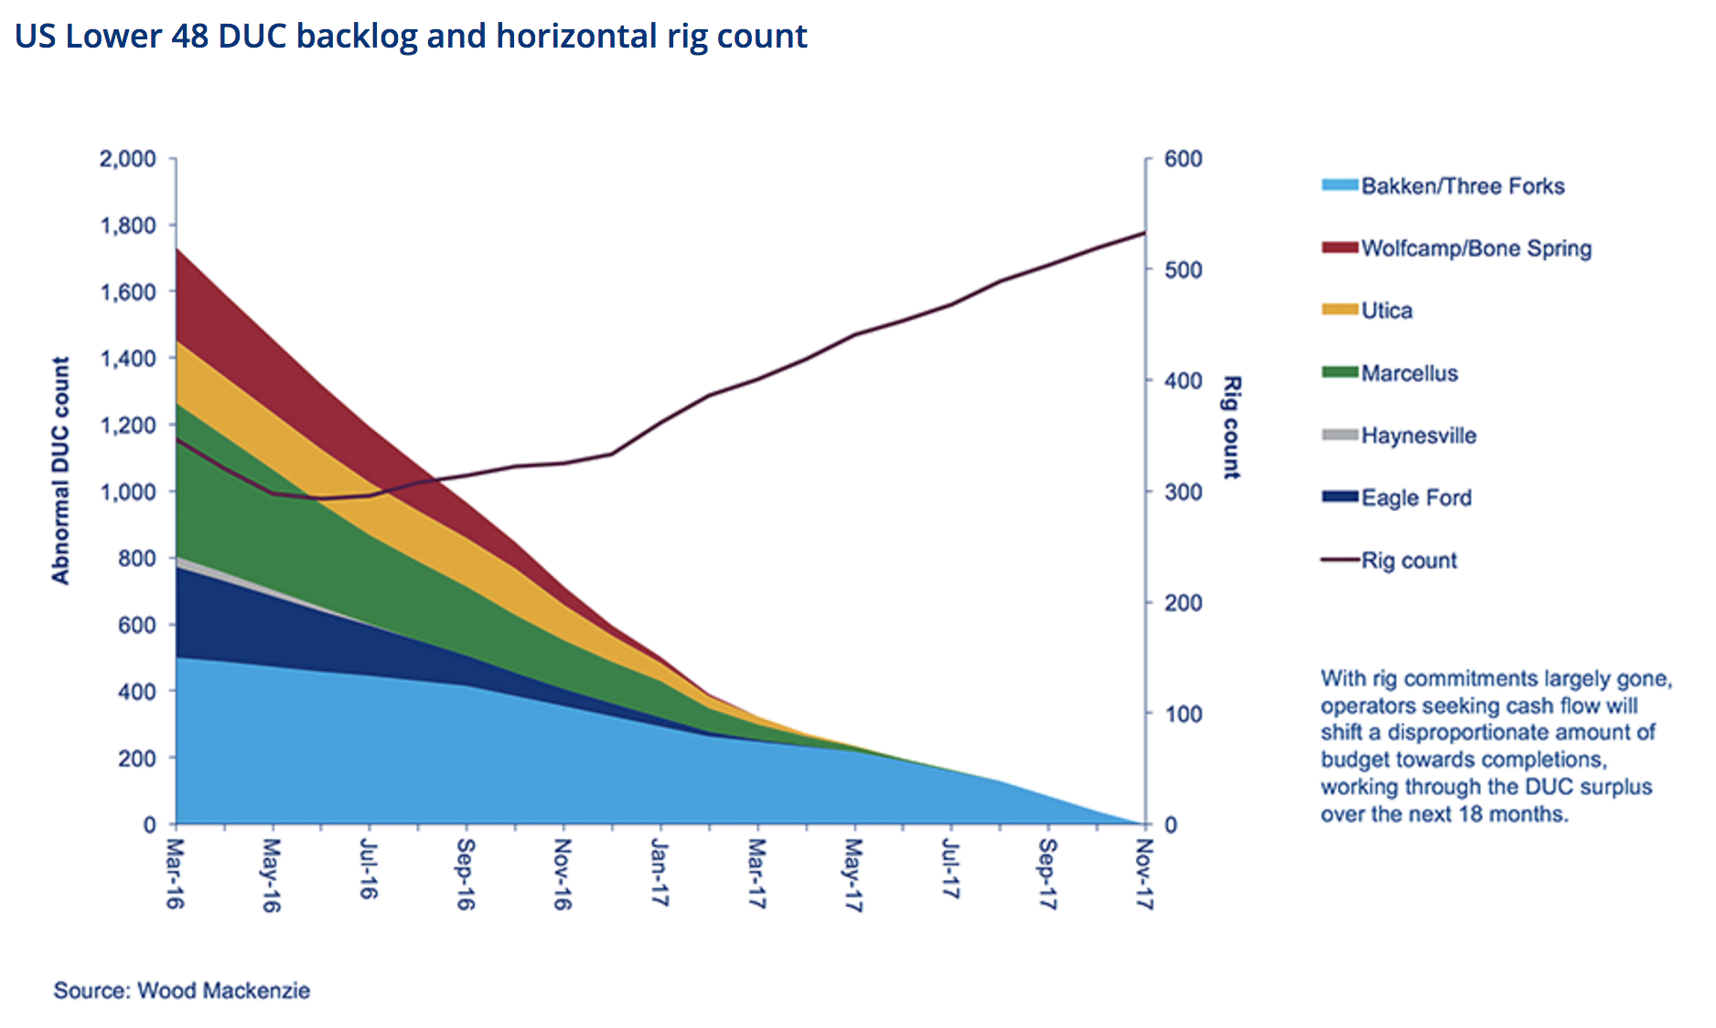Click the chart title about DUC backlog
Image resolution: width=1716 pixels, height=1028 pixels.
pos(411,37)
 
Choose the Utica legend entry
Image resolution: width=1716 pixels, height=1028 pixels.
pos(1386,311)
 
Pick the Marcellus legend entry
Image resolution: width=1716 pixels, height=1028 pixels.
pos(1409,373)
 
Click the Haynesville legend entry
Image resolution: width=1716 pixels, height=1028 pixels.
pos(1418,435)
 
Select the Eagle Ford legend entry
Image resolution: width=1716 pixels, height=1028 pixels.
pos(1416,498)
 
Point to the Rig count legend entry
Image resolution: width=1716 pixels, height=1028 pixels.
pos(1408,561)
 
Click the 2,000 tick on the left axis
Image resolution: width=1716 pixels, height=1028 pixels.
pos(127,159)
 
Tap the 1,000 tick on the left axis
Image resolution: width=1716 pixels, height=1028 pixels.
pos(127,492)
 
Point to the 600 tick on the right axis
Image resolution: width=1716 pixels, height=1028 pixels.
pos(1184,159)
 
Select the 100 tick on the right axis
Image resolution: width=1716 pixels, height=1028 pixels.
pos(1184,713)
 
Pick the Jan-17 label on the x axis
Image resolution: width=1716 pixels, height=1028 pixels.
pos(660,873)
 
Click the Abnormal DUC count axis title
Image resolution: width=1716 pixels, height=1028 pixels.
pos(60,470)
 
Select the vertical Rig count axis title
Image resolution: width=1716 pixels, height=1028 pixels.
pos(1232,426)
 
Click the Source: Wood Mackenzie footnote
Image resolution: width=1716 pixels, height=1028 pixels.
pos(181,991)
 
